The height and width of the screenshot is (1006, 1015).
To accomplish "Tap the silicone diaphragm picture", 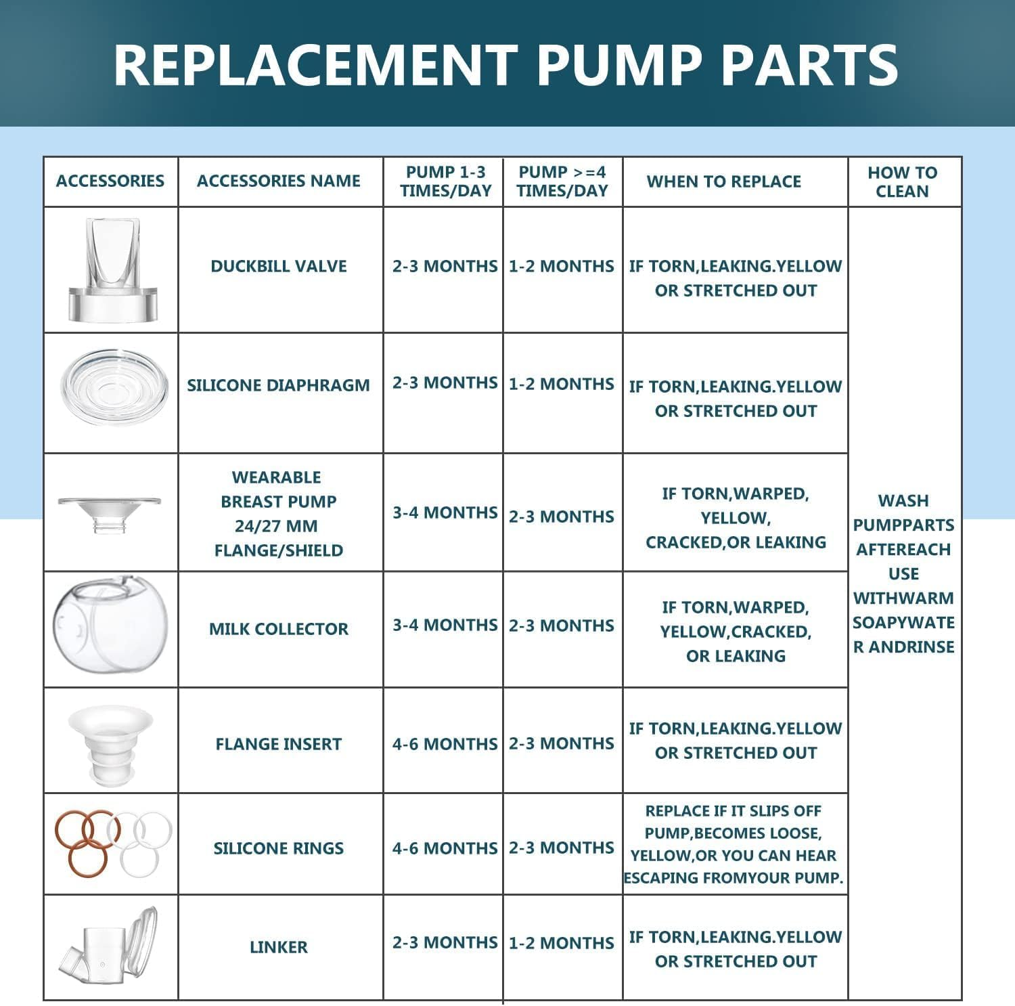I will pyautogui.click(x=114, y=388).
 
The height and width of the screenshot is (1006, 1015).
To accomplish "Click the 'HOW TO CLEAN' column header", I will pyautogui.click(x=903, y=182).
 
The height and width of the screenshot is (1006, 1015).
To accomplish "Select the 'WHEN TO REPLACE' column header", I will pyautogui.click(x=723, y=181).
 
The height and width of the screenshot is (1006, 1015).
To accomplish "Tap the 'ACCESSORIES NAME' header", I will pyautogui.click(x=278, y=181).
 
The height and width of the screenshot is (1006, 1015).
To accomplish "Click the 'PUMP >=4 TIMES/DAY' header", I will pyautogui.click(x=562, y=181).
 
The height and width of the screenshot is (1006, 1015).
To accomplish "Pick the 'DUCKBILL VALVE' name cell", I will pyautogui.click(x=278, y=266).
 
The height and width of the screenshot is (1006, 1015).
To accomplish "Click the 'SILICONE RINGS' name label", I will pyautogui.click(x=278, y=848).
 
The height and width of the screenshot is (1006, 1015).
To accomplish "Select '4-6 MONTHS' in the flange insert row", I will pyautogui.click(x=445, y=744).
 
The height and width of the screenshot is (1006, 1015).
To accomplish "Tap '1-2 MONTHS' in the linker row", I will pyautogui.click(x=561, y=943).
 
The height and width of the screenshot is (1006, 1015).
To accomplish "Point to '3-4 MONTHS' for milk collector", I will pyautogui.click(x=445, y=625).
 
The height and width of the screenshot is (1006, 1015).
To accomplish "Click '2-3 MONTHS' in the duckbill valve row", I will pyautogui.click(x=445, y=266).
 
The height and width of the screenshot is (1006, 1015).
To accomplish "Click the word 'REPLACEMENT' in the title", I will pyautogui.click(x=315, y=64).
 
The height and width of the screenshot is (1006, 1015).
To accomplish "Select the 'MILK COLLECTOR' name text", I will pyautogui.click(x=278, y=629).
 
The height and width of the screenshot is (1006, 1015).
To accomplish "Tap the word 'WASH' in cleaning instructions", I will pyautogui.click(x=903, y=501).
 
